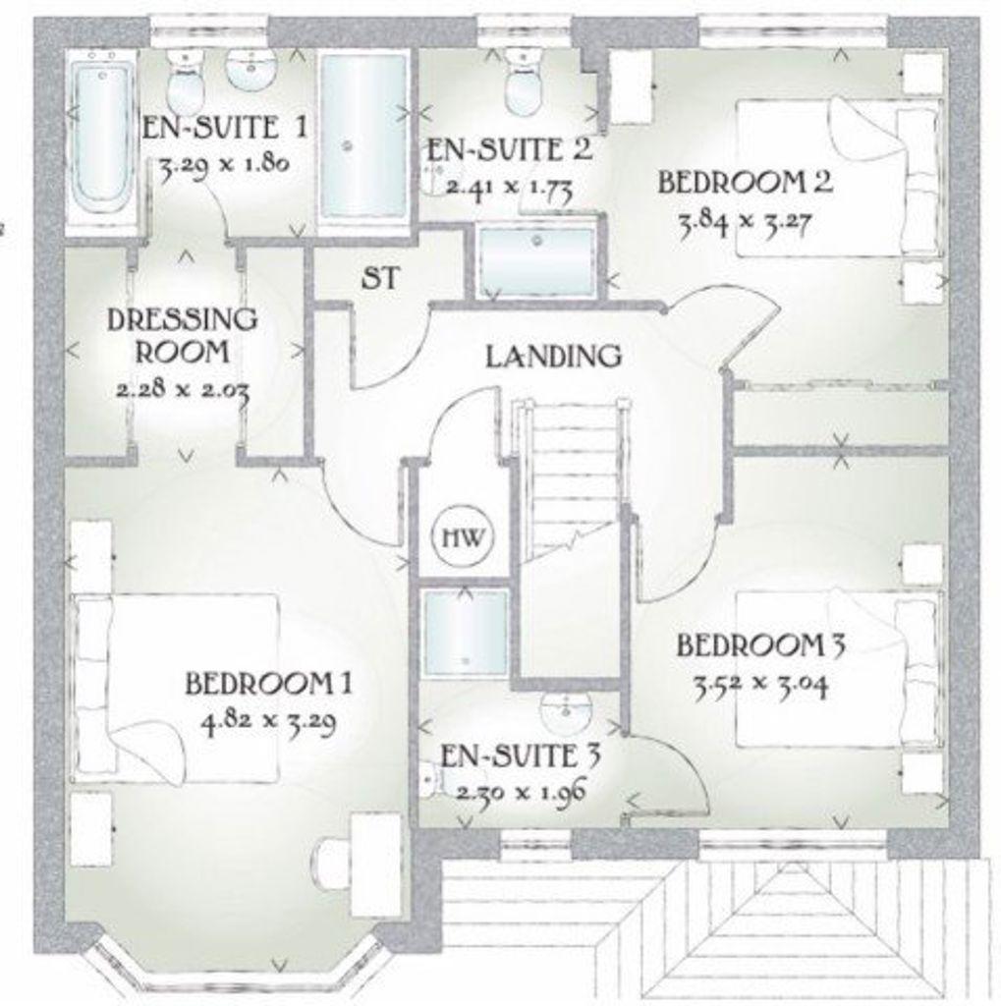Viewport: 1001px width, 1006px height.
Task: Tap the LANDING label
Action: coord(553,356)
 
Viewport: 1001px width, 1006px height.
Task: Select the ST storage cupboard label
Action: coord(381,278)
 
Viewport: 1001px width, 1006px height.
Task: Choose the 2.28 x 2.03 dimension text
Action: coord(183,389)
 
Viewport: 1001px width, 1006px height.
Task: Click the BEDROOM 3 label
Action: coord(760,644)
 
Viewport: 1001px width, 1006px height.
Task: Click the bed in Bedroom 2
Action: coord(839,178)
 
